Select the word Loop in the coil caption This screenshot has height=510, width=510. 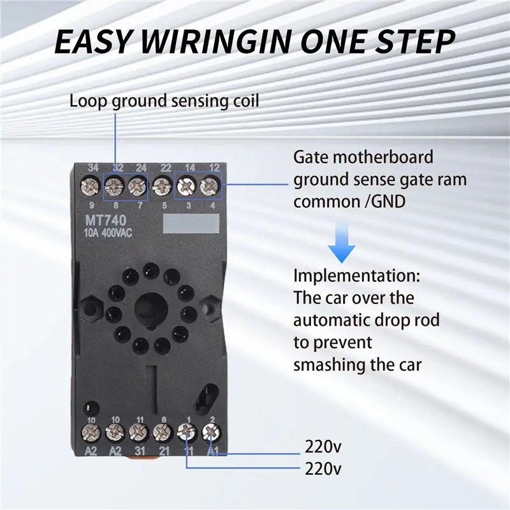click(88, 101)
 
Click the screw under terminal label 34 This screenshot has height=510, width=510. click(90, 186)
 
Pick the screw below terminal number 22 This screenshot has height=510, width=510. click(163, 186)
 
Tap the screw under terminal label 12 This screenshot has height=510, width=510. click(210, 186)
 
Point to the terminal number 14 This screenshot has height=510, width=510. click(189, 168)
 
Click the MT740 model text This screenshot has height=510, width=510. click(105, 221)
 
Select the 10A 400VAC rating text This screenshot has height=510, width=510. click(108, 233)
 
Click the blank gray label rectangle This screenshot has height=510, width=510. click(191, 224)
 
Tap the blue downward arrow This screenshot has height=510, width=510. click(342, 242)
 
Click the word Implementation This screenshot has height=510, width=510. click(357, 277)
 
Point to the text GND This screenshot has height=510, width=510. click(389, 201)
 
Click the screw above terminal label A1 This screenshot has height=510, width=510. click(211, 432)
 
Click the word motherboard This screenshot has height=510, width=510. click(383, 157)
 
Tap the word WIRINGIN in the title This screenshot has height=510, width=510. click(215, 41)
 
